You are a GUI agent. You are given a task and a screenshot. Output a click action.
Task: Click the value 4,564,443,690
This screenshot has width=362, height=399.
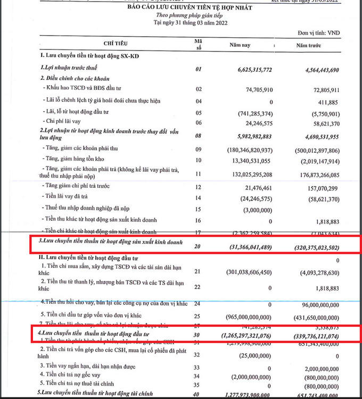tap(316, 69)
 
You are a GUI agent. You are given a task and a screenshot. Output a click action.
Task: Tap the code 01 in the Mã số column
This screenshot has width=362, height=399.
tap(199, 69)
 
